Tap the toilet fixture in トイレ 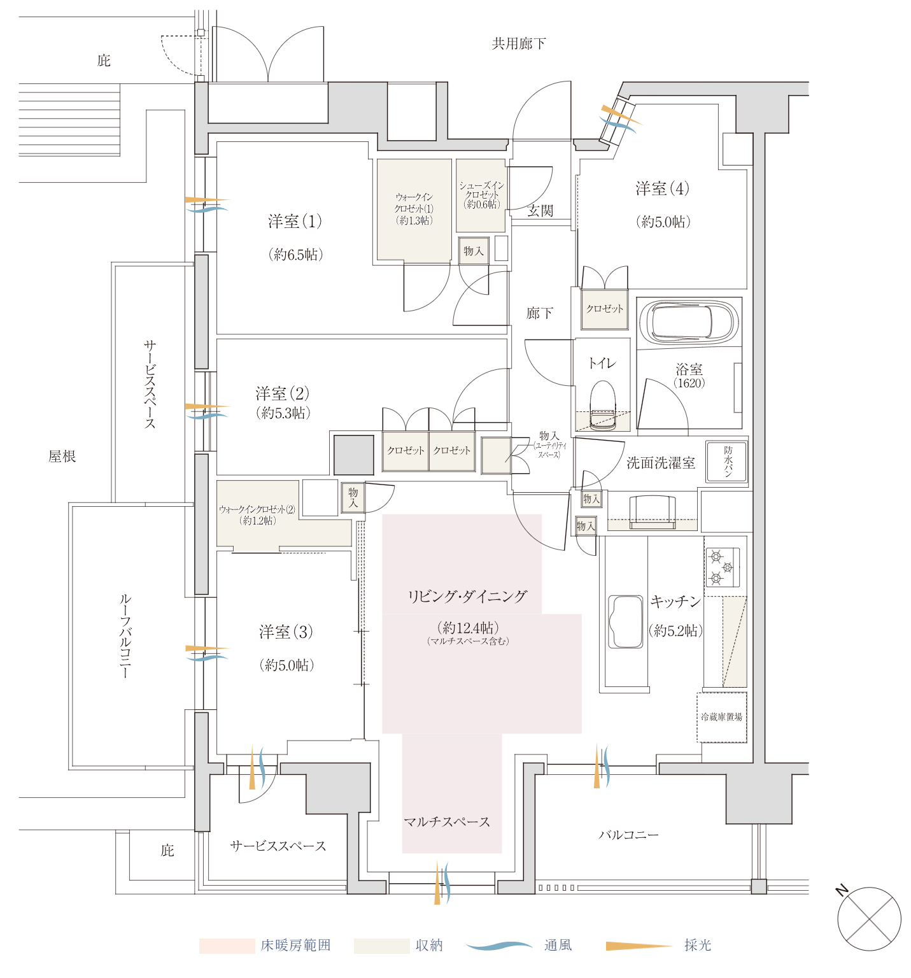(602, 405)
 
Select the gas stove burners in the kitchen (722, 567)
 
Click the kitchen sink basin (626, 621)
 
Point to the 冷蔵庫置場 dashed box (721, 717)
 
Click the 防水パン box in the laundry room (726, 462)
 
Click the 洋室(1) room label (295, 222)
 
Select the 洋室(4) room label (662, 188)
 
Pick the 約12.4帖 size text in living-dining (468, 627)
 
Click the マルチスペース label (447, 822)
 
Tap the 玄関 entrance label (540, 211)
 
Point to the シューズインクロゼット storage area (481, 195)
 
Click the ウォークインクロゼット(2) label (257, 510)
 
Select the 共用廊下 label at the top (518, 43)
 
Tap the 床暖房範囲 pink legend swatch (227, 946)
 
